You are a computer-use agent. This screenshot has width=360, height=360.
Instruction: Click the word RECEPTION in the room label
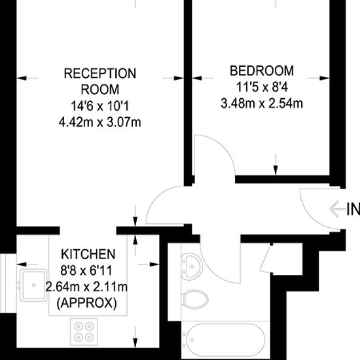99,73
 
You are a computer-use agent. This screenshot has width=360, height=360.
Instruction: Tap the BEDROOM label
262,71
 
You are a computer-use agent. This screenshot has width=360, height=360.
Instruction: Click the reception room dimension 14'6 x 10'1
99,105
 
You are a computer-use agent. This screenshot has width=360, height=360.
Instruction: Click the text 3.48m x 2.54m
262,103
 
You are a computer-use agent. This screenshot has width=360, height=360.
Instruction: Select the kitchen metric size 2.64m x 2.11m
87,286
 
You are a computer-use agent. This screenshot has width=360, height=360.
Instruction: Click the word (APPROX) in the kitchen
87,302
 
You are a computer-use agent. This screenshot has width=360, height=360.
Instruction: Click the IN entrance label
353,210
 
